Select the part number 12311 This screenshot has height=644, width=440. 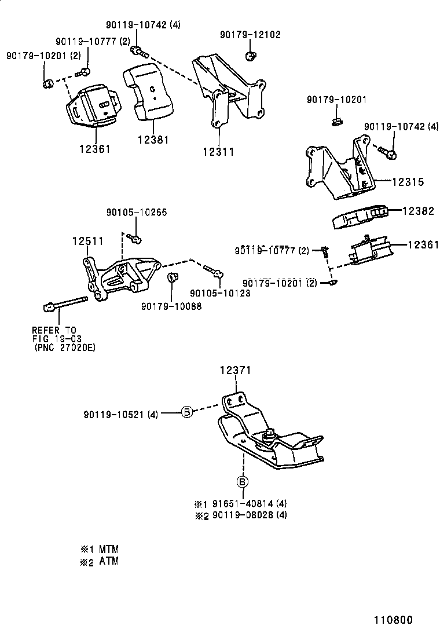[218, 152]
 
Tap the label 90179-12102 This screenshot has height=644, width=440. [250, 35]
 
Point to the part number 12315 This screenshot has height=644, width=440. [408, 182]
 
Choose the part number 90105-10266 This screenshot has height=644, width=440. [137, 213]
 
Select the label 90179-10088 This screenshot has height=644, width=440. [171, 306]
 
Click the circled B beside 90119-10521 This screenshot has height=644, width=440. [187, 412]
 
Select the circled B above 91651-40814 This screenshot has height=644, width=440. [242, 482]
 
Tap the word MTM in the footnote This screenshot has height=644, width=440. [108, 548]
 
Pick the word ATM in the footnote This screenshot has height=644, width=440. [108, 561]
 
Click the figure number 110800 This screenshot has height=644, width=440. [392, 620]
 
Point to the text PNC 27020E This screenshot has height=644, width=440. [64, 347]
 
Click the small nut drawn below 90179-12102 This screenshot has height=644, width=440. [250, 56]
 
